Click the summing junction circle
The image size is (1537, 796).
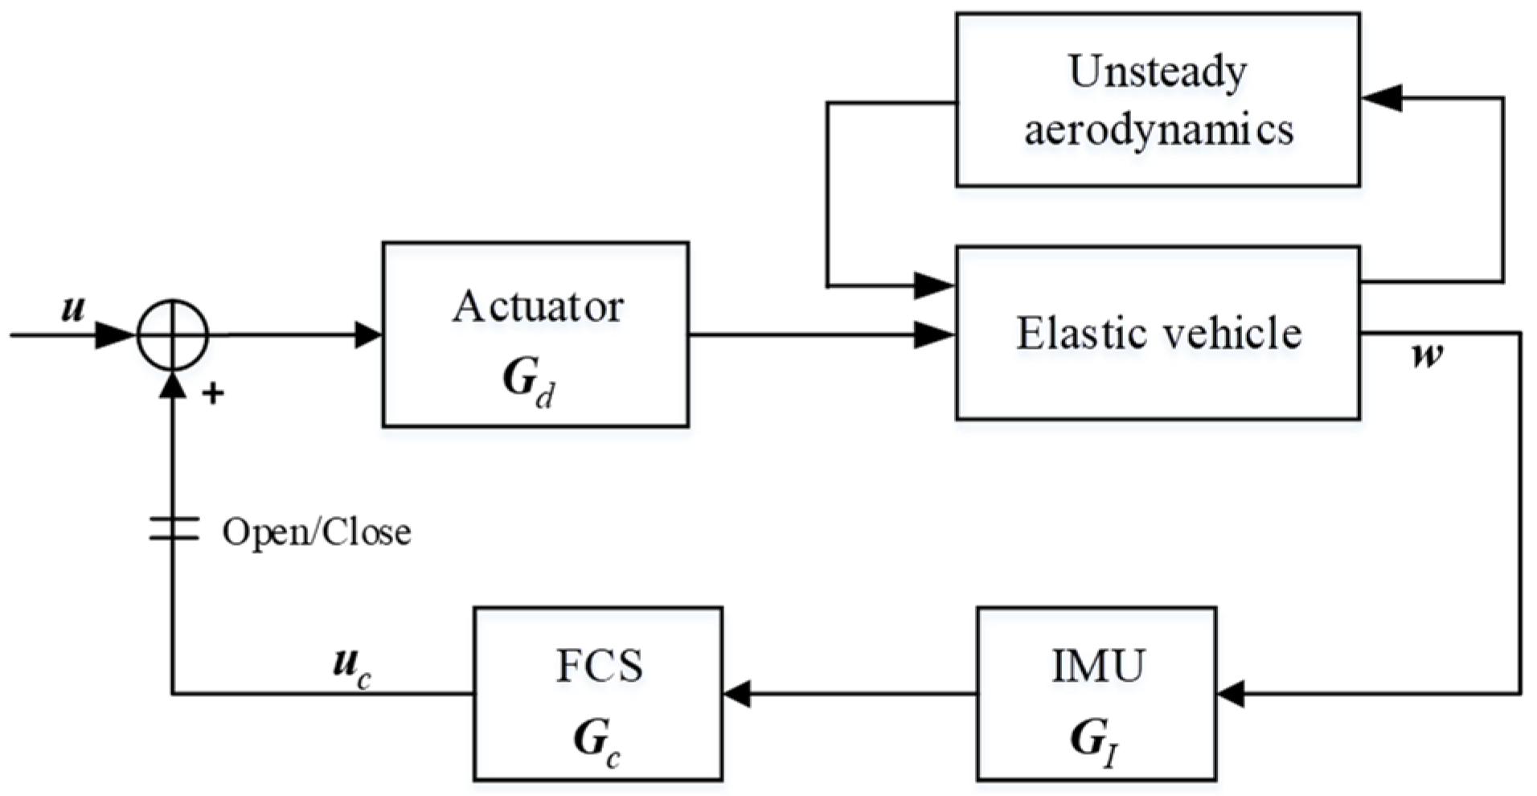coord(173,334)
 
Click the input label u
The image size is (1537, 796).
coord(73,309)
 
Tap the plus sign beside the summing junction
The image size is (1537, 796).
coord(213,394)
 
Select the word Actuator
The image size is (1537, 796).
coord(537,307)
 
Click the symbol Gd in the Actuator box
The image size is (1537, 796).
coord(528,380)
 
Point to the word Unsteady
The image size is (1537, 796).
coord(1158,72)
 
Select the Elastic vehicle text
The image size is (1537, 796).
coord(1158,333)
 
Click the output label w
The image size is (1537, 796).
coord(1427,355)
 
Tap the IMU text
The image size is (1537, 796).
coord(1098,667)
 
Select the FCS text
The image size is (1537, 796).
coord(599,667)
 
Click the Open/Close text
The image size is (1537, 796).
coord(316,532)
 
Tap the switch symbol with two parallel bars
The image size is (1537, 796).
coord(173,529)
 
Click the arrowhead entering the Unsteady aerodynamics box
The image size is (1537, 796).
coord(1381,98)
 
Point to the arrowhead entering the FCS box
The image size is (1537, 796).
coord(737,693)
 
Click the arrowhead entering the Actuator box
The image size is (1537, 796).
coord(368,334)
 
